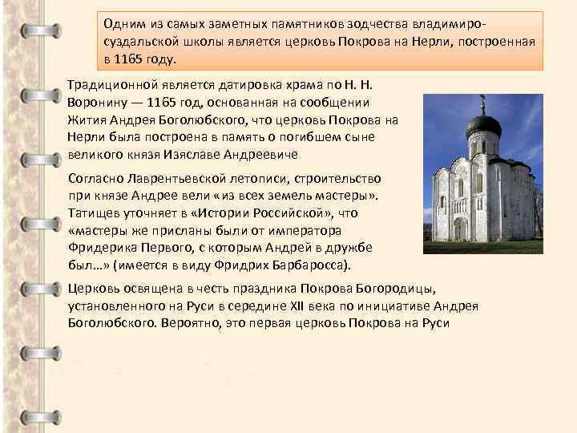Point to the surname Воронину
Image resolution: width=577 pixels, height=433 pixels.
(99, 103)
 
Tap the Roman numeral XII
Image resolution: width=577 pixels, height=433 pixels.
(325, 306)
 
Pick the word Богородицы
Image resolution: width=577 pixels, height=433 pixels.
(390, 288)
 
